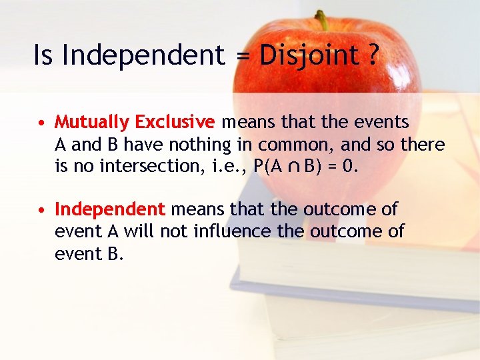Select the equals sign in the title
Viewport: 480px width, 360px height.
click(243, 57)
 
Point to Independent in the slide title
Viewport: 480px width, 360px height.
click(143, 55)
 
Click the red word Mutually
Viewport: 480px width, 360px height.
click(92, 123)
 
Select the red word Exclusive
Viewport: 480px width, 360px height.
click(175, 123)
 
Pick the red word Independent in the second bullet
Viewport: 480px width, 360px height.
click(109, 210)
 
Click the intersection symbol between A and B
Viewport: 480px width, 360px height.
click(295, 167)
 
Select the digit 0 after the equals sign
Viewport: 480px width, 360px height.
click(349, 166)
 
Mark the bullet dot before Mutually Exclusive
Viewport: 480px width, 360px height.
click(42, 123)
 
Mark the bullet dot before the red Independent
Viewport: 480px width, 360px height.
click(42, 211)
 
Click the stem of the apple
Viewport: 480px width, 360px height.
click(322, 19)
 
